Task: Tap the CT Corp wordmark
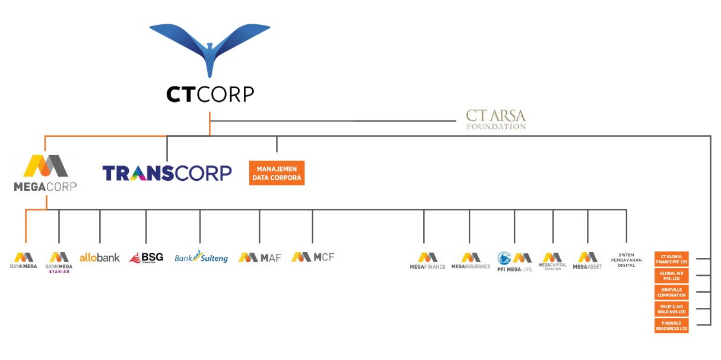pyautogui.click(x=210, y=94)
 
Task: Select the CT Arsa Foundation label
pyautogui.click(x=496, y=119)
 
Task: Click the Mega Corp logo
pyautogui.click(x=45, y=174)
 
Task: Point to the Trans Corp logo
pyautogui.click(x=167, y=173)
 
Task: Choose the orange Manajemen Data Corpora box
pyautogui.click(x=277, y=173)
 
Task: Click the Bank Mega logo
pyautogui.click(x=24, y=261)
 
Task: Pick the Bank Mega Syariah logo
pyautogui.click(x=59, y=262)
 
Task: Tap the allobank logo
pyautogui.click(x=100, y=257)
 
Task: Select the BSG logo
pyautogui.click(x=146, y=257)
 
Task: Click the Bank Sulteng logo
pyautogui.click(x=201, y=257)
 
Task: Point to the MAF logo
pyautogui.click(x=259, y=257)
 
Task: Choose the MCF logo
pyautogui.click(x=313, y=257)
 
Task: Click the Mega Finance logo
pyautogui.click(x=427, y=261)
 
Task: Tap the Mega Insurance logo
pyautogui.click(x=471, y=261)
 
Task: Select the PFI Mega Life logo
pyautogui.click(x=514, y=261)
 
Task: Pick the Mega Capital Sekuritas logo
pyautogui.click(x=552, y=261)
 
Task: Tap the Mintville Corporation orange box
pyautogui.click(x=672, y=292)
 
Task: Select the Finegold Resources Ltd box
pyautogui.click(x=672, y=326)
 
